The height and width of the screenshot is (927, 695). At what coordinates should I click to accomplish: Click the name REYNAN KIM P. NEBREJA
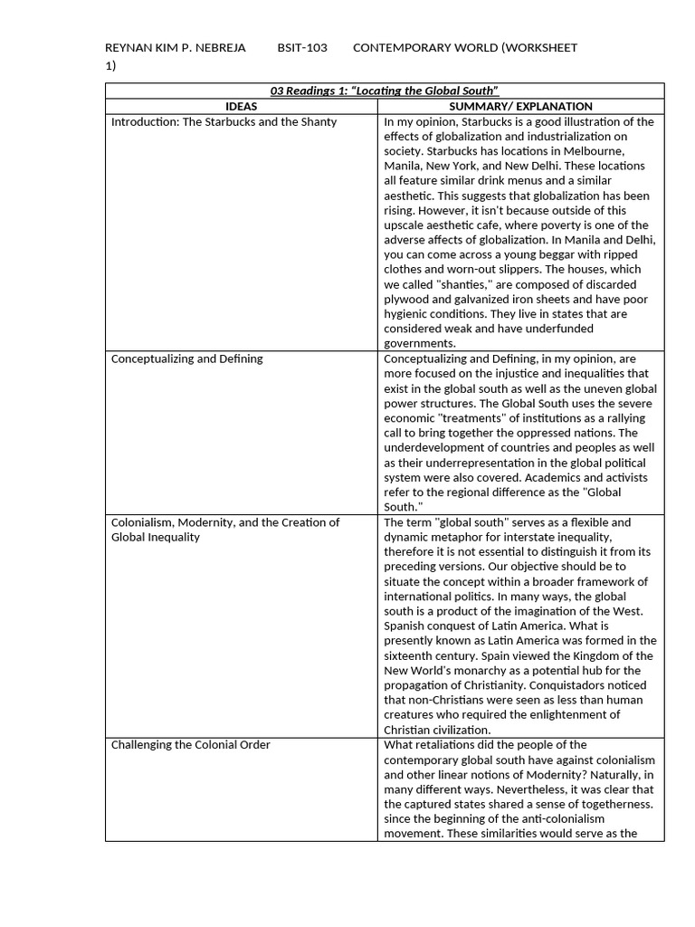(x=176, y=47)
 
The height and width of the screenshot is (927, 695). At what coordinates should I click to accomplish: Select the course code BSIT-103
(x=302, y=47)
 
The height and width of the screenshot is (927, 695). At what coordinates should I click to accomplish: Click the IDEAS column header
(x=241, y=106)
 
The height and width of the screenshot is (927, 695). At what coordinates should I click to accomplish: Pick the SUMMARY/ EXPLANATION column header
(x=520, y=106)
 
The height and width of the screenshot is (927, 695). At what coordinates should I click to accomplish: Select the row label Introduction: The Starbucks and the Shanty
(x=224, y=121)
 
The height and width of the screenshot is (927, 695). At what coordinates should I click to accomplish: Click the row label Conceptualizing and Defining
(x=186, y=358)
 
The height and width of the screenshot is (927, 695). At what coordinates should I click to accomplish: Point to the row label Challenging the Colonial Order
(x=190, y=745)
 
